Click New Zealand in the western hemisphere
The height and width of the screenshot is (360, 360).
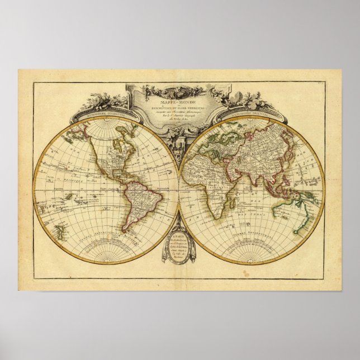(x=60, y=229)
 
